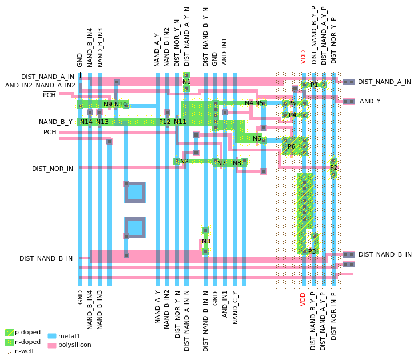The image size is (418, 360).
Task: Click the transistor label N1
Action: point(186,82)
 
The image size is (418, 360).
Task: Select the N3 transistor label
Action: point(206,241)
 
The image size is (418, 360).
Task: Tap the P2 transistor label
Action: point(333,167)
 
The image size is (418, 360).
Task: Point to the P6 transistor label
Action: point(292,146)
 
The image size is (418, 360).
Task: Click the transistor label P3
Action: point(312,251)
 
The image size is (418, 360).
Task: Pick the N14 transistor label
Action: point(86,122)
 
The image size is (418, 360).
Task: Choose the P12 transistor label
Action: point(165,122)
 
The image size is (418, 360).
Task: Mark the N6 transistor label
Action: point(257,138)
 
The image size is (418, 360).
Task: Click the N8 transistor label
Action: point(237,163)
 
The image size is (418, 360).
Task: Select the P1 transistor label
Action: point(313,85)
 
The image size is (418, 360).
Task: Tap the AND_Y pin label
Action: point(370,101)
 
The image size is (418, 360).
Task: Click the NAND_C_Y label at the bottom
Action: point(235,307)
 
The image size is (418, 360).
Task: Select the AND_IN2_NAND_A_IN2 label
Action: point(40,85)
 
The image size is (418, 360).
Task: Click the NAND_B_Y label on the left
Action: point(55,122)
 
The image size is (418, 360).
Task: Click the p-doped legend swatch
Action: point(9,333)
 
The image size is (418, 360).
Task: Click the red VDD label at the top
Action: point(304,56)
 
